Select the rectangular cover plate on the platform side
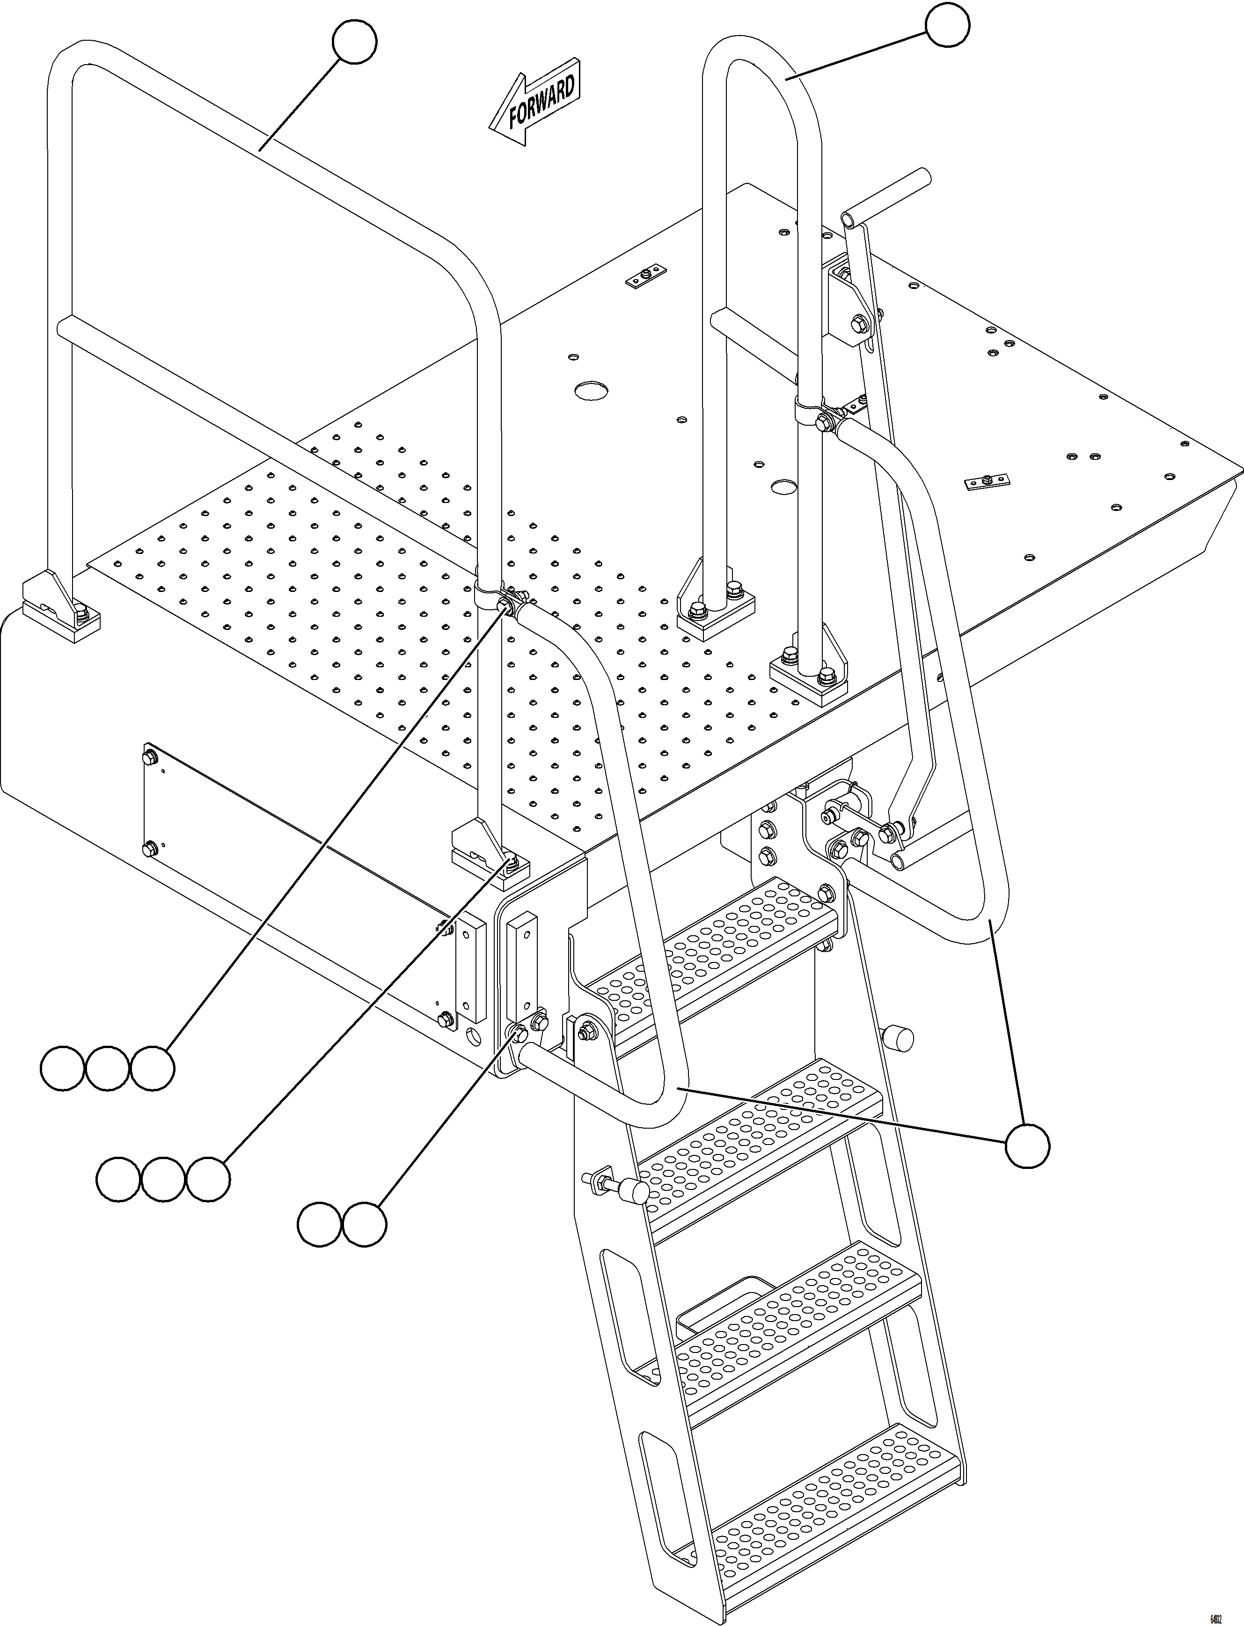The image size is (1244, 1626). coord(296,881)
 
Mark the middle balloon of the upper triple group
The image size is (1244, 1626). coord(107,1068)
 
